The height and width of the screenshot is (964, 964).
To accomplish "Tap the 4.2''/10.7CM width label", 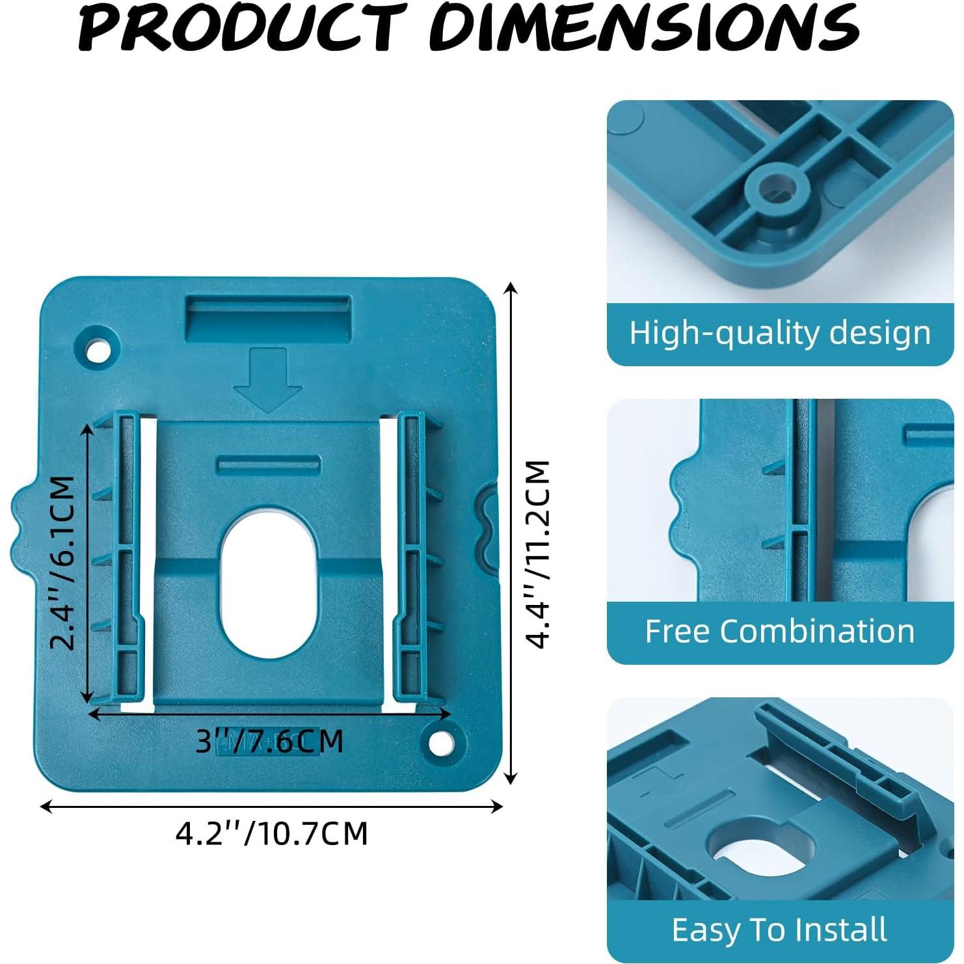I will (271, 833).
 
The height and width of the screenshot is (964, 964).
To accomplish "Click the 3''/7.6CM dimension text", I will (269, 741).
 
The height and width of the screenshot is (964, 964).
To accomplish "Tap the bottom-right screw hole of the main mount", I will (440, 742).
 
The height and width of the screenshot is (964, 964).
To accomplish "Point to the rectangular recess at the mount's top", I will (268, 318).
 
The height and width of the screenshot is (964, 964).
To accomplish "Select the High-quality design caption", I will (780, 333).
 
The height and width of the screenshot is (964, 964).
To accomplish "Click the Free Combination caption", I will (780, 632).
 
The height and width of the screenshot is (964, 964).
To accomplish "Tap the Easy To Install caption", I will (780, 930).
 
